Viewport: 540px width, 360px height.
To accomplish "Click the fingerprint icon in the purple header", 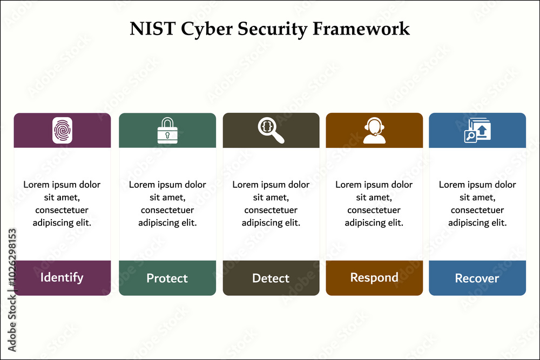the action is click(x=62, y=130).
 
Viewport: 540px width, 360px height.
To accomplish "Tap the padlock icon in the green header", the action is click(x=167, y=131).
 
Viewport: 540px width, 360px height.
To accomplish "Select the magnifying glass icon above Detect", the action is click(x=271, y=130).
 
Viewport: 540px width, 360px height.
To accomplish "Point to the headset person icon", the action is click(x=374, y=130).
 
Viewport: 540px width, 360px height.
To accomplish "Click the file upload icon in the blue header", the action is click(x=477, y=130).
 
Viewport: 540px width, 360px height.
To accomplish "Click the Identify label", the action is click(x=62, y=277).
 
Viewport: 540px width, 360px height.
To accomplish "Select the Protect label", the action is click(x=167, y=278).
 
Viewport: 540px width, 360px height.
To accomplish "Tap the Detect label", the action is click(x=271, y=278).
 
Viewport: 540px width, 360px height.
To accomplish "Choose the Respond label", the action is click(x=374, y=278).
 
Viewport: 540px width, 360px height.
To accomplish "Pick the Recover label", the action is click(x=477, y=278).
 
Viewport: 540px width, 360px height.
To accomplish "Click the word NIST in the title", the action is click(x=153, y=29).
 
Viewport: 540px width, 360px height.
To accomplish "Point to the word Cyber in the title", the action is click(x=207, y=29).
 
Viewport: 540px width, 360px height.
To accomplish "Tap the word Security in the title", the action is click(x=272, y=29).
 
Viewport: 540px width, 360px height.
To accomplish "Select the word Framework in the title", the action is click(x=361, y=29).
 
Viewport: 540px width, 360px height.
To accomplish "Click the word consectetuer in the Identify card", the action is click(x=62, y=210).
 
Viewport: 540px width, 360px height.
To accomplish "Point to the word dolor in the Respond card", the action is click(x=401, y=185).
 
